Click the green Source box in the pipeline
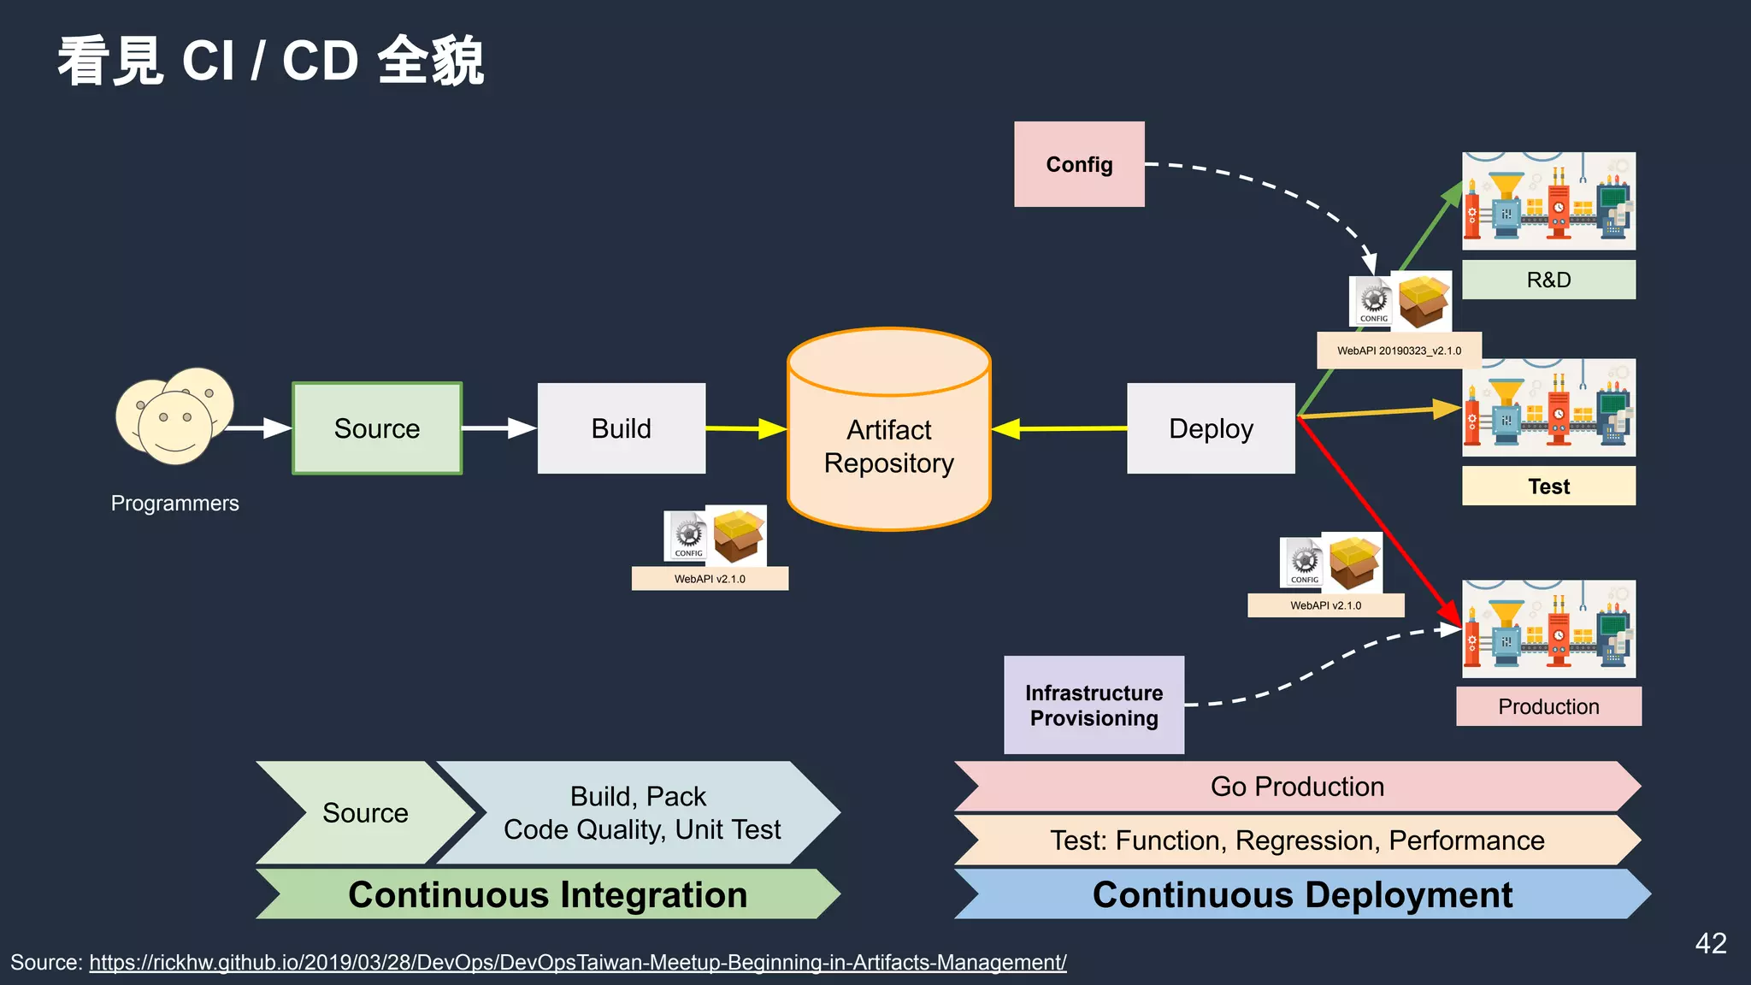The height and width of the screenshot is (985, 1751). coord(377,428)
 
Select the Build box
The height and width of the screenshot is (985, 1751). coord(622,428)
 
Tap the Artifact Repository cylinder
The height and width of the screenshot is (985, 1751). coord(888,445)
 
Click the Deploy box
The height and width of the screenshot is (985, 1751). coord(1211,428)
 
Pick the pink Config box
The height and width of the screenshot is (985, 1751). coord(1079,164)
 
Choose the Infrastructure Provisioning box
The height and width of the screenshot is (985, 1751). coord(1094,705)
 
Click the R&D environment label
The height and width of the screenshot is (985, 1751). coord(1548,280)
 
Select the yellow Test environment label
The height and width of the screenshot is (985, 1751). coord(1548,487)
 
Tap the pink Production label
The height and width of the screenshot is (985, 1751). coord(1548,706)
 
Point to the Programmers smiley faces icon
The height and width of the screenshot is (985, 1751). coord(175,416)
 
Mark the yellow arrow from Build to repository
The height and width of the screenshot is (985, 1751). coord(744,428)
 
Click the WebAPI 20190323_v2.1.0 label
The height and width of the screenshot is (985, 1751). coord(1399,351)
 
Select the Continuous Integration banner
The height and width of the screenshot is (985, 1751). coord(547,894)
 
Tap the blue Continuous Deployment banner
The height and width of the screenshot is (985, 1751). coord(1302,894)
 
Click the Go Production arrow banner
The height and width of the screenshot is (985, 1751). coord(1297,786)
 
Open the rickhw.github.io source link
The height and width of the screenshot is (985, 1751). coord(577,963)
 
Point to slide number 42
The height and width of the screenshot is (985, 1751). coord(1711,943)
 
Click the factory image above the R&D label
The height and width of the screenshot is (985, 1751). coord(1548,201)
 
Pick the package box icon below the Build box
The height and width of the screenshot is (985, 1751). coord(739,535)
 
